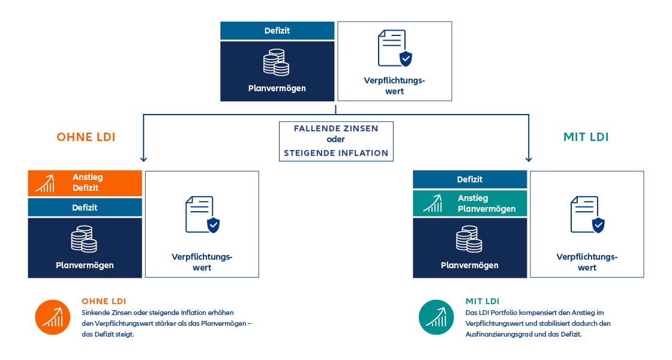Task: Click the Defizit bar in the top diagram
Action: point(277,31)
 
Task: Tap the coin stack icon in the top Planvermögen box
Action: point(277,62)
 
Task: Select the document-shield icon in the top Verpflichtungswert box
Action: point(395,48)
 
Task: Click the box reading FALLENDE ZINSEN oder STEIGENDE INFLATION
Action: point(336,141)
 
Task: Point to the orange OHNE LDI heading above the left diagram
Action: point(86,137)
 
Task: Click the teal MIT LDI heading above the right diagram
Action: point(586,137)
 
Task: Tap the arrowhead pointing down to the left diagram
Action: point(143,159)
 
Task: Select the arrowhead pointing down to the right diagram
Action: point(529,159)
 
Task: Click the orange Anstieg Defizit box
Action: point(85,183)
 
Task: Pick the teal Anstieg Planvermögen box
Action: point(470,203)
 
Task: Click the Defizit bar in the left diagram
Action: point(85,208)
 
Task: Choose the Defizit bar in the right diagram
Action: point(470,179)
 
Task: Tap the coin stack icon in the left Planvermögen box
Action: point(84,239)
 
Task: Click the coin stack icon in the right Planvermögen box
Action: point(469,239)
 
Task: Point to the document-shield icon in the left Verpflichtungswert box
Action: point(202,214)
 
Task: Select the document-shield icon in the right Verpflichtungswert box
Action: point(587,214)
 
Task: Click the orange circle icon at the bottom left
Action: point(53,317)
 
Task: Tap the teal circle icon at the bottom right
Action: point(436,317)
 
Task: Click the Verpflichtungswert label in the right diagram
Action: point(587,262)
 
